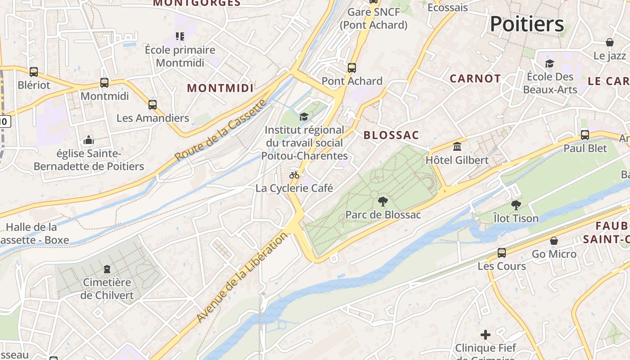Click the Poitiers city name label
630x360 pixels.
tap(526, 23)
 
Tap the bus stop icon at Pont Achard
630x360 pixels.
tap(352, 68)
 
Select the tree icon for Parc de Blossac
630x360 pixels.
tap(383, 201)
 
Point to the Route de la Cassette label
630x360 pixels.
tap(220, 130)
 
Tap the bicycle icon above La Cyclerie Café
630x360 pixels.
tap(294, 175)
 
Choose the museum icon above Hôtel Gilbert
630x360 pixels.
tap(457, 146)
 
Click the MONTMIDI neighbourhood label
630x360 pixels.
tap(220, 88)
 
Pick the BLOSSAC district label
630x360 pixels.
tap(391, 135)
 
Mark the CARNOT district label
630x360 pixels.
tap(475, 78)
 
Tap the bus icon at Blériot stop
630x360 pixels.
tap(34, 72)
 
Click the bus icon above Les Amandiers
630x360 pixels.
tap(153, 105)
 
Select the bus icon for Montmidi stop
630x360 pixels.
tap(104, 83)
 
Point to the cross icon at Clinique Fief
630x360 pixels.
tap(485, 335)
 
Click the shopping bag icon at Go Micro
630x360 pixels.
tap(554, 241)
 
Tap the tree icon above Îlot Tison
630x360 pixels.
tap(516, 205)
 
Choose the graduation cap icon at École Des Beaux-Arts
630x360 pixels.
tap(549, 63)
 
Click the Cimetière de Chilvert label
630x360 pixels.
tap(107, 289)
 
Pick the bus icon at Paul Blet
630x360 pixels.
tap(585, 135)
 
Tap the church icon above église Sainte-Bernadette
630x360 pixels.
tap(89, 140)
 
